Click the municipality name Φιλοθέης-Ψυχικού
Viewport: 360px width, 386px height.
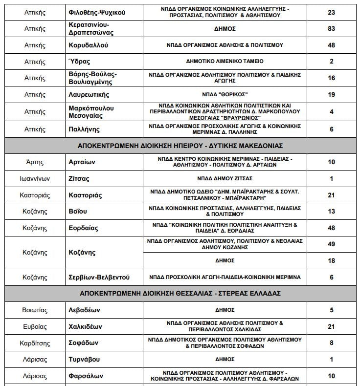(97, 12)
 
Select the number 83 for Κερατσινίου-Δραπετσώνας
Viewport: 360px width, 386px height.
(332, 29)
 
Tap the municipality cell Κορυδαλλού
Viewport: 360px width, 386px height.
(89, 45)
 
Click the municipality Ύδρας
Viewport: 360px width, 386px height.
(80, 62)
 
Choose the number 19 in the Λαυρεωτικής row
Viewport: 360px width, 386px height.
(332, 94)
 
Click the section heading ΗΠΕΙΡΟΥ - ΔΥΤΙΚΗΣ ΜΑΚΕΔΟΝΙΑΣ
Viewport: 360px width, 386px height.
(180, 146)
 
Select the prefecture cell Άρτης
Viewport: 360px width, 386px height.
(35, 162)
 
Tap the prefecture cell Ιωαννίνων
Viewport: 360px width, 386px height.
(35, 178)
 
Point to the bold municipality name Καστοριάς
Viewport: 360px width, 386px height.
(86, 195)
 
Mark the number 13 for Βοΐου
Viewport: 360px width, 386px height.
(332, 211)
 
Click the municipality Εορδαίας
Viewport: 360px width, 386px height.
(84, 228)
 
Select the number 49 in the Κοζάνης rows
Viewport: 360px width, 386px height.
(332, 244)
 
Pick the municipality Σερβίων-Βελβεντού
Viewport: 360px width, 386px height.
(99, 277)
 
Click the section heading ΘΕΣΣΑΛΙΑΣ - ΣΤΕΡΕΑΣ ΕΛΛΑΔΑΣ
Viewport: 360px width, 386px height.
(180, 293)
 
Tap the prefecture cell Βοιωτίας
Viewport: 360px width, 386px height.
(35, 310)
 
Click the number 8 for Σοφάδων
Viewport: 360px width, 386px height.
(332, 343)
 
